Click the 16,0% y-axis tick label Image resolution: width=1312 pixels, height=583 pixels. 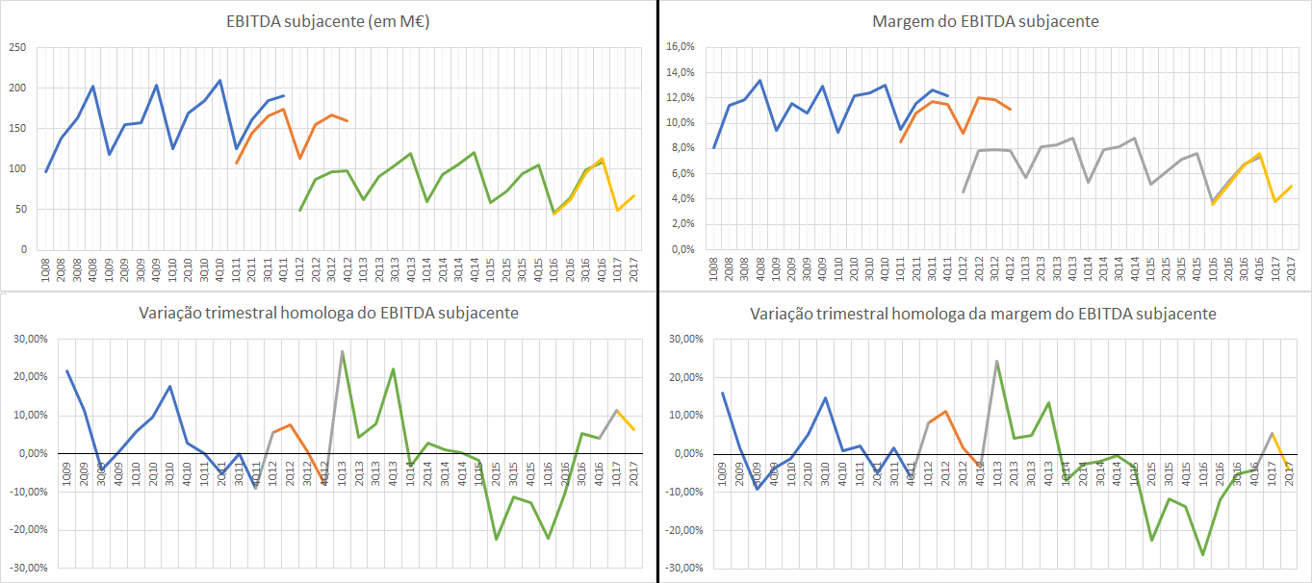pyautogui.click(x=681, y=47)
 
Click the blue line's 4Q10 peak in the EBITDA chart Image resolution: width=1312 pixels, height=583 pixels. pyautogui.click(x=219, y=81)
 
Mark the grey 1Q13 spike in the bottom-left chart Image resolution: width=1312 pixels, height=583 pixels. pyautogui.click(x=342, y=351)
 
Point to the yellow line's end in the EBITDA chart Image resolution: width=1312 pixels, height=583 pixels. pyautogui.click(x=633, y=196)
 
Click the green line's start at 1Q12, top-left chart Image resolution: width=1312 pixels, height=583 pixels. pyautogui.click(x=300, y=210)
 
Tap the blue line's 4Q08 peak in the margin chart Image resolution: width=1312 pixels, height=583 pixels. pyautogui.click(x=759, y=80)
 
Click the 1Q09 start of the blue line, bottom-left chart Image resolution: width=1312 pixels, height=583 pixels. pyautogui.click(x=66, y=370)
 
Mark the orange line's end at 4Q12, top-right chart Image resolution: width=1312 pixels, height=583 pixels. pyautogui.click(x=1010, y=109)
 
